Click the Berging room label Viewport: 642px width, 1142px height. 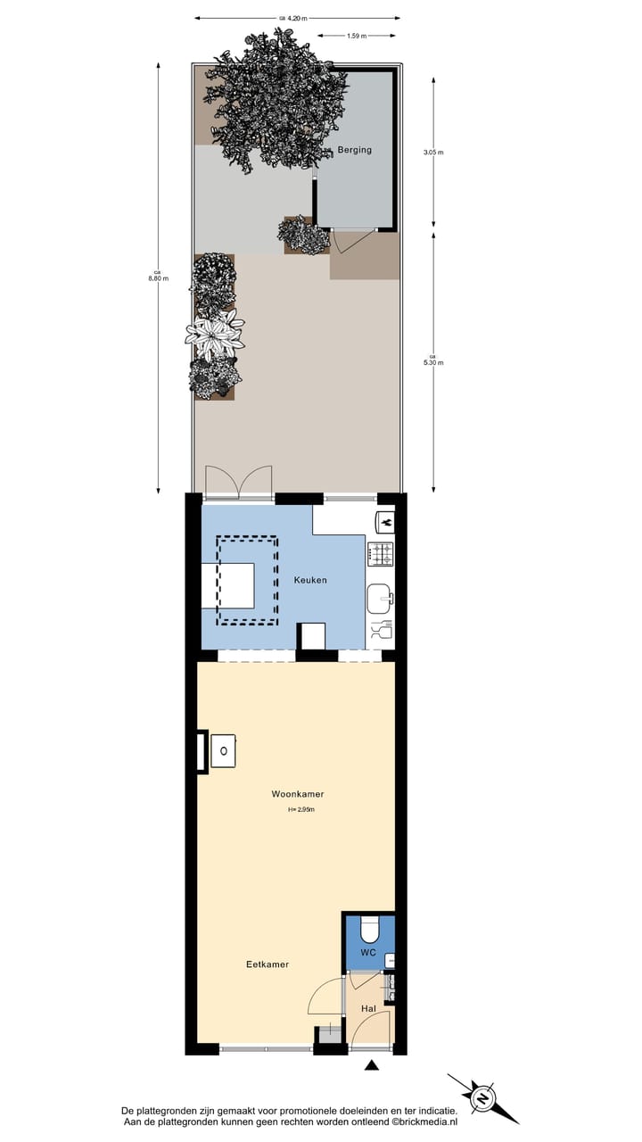click(x=354, y=150)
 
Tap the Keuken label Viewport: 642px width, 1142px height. click(x=310, y=580)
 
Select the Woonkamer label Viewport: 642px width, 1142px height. click(x=298, y=794)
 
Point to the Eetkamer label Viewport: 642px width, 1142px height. click(x=267, y=964)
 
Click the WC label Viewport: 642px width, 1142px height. click(x=368, y=953)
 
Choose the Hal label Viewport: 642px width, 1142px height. click(x=368, y=1009)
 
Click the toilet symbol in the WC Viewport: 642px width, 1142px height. click(x=369, y=930)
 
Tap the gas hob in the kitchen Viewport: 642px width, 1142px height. click(x=381, y=554)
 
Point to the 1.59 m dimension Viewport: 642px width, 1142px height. click(x=356, y=36)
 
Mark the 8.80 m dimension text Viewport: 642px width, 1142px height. click(x=158, y=276)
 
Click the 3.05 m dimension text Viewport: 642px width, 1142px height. click(x=433, y=153)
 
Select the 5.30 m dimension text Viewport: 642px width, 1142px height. click(x=433, y=360)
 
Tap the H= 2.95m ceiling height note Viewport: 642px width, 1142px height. click(x=301, y=810)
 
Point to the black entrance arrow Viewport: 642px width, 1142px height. click(x=372, y=1064)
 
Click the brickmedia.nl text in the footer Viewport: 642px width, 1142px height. click(x=424, y=1122)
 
